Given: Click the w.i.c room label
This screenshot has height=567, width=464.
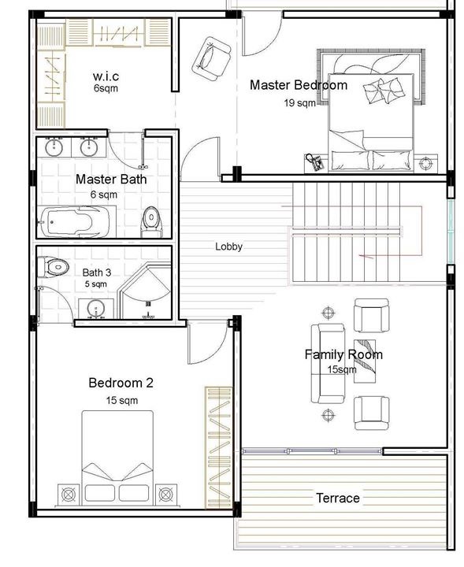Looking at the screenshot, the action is tap(106, 76).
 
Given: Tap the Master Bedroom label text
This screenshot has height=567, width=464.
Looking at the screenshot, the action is tap(299, 85).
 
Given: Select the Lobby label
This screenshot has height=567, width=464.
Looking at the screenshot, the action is tap(228, 246).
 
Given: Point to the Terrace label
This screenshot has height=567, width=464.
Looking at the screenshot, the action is tap(338, 498).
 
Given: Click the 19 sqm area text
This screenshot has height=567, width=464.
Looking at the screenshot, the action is tap(299, 103).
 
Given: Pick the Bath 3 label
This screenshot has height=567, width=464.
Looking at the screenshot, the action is tap(97, 272).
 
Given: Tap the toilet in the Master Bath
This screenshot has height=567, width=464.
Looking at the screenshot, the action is tap(151, 220).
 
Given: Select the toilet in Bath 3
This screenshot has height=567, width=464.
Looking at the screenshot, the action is tap(53, 267).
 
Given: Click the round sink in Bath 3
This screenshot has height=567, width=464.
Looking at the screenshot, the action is tap(96, 309).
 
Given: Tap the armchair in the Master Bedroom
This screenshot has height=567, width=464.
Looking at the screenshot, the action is tap(211, 58).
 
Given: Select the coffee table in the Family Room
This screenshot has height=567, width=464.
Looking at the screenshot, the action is tap(365, 361).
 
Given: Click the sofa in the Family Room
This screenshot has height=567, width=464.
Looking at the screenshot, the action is tap(327, 363).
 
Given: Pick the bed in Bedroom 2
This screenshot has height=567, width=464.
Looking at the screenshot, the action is tap(117, 458).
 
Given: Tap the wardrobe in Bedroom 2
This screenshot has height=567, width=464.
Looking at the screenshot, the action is tap(218, 447).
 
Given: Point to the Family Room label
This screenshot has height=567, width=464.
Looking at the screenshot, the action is tap(343, 354).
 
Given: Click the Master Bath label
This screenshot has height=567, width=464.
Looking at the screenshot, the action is tap(111, 180).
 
